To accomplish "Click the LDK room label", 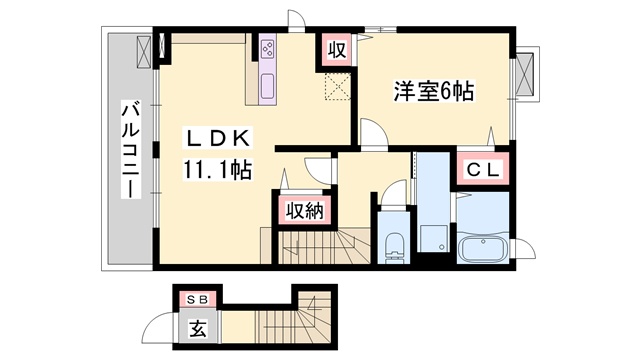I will pos(221,138).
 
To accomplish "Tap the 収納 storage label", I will pos(301,210).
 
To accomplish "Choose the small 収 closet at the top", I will pos(335,48).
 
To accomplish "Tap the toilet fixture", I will pos(393,243).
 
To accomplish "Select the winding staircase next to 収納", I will pos(320,245).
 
